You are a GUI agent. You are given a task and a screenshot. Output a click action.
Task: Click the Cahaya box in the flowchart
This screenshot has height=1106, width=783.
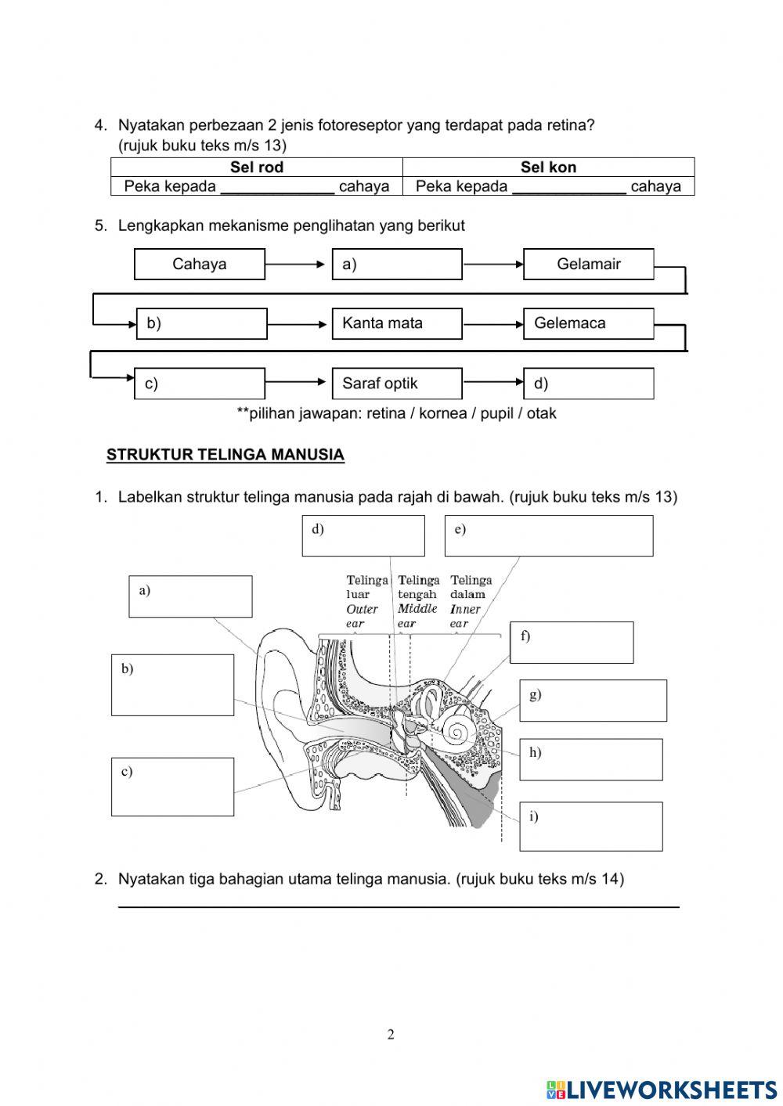pos(200,264)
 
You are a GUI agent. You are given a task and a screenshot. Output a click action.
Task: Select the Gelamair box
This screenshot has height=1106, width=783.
pos(588,264)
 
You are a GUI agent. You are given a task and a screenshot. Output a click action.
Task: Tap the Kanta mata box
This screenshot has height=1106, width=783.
pos(397,323)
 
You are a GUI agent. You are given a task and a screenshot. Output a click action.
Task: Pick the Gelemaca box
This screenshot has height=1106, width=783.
pos(588,323)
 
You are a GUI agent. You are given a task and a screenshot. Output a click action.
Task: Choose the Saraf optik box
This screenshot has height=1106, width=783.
pos(397,384)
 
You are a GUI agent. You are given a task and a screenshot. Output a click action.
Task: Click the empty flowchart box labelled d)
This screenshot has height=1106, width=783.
pos(588,384)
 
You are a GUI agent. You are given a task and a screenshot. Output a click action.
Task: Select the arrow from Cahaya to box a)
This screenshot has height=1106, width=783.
pos(298,265)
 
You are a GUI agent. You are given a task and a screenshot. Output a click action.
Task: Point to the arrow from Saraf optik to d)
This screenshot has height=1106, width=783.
pos(493,382)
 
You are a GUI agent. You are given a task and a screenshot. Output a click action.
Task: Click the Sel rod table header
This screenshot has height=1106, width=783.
pos(257,167)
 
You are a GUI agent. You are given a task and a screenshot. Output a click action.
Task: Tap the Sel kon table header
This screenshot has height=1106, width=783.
pos(548,167)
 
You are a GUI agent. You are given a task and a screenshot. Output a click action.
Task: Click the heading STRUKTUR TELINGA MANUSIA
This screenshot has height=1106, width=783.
pos(226,455)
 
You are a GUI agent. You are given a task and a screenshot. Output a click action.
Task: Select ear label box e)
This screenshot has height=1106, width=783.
pos(548,535)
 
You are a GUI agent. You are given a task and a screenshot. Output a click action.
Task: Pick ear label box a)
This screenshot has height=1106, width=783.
pos(190,596)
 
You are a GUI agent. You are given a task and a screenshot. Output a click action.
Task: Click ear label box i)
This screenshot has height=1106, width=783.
pos(590,826)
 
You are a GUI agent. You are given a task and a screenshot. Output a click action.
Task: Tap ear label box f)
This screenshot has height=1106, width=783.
pos(571,642)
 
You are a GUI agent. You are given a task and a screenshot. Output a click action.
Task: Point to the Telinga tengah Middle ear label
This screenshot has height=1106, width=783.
pos(418,601)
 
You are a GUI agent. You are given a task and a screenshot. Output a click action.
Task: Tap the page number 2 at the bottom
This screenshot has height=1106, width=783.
pos(391,1035)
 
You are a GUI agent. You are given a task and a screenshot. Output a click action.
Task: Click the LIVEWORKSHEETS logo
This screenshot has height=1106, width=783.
pos(662,1089)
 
